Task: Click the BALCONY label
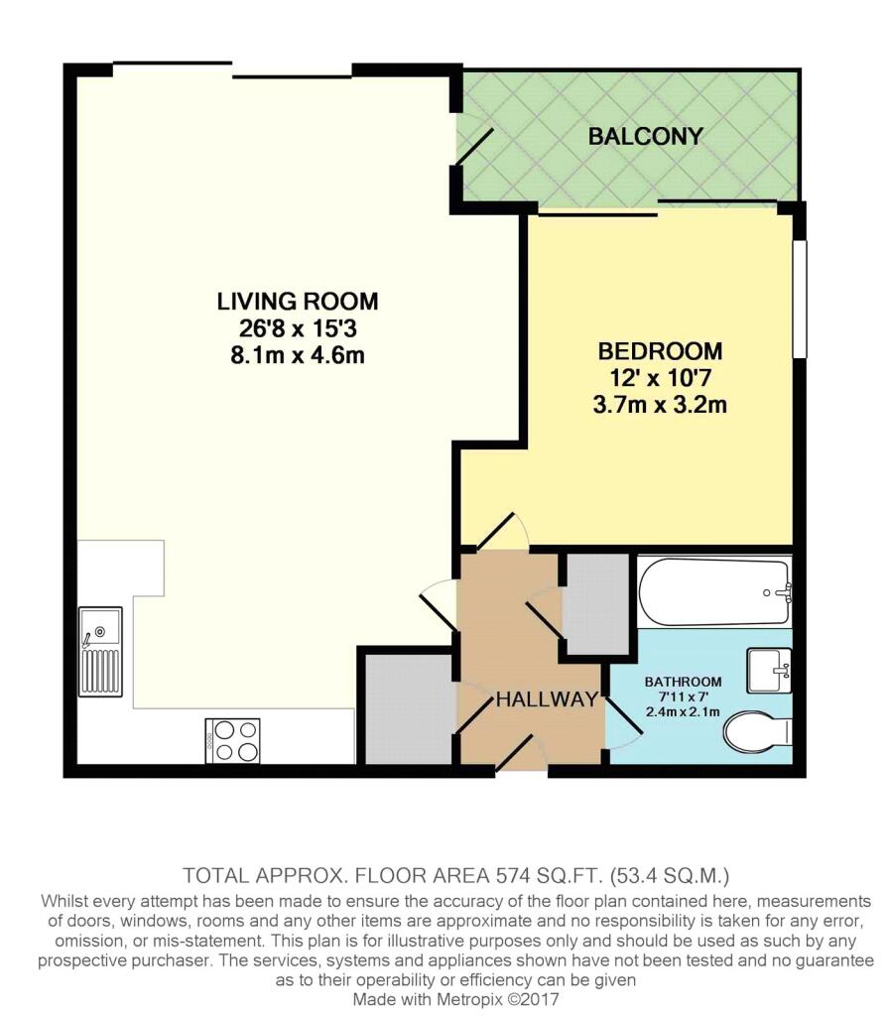pyautogui.click(x=645, y=136)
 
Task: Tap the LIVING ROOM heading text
pyautogui.click(x=298, y=302)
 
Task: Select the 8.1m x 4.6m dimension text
pyautogui.click(x=298, y=355)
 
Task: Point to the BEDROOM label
pyautogui.click(x=660, y=351)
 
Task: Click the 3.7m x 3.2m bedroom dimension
pyautogui.click(x=660, y=405)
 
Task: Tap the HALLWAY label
pyautogui.click(x=547, y=699)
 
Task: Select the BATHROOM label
pyautogui.click(x=684, y=682)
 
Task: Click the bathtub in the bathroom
pyautogui.click(x=714, y=592)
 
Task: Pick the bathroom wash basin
pyautogui.click(x=769, y=671)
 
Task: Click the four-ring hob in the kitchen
pyautogui.click(x=233, y=740)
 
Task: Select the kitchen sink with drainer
pyautogui.click(x=100, y=652)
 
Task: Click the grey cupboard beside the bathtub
pyautogui.click(x=596, y=604)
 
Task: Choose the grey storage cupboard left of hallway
pyautogui.click(x=409, y=708)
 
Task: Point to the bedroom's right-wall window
pyautogui.click(x=801, y=299)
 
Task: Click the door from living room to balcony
pyautogui.click(x=474, y=146)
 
